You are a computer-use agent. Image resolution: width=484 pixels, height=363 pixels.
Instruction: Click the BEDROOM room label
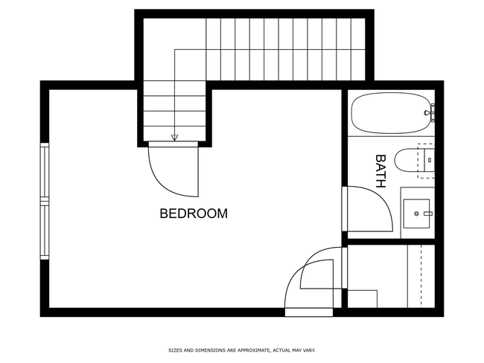click(194, 213)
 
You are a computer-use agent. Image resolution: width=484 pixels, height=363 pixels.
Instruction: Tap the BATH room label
click(380, 171)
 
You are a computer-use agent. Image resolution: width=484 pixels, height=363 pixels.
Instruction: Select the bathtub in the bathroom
click(391, 113)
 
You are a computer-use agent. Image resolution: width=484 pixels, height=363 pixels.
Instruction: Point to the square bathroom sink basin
click(416, 213)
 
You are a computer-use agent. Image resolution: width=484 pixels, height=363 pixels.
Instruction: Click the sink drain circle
click(416, 213)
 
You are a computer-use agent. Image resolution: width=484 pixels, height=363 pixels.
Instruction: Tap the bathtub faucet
click(430, 113)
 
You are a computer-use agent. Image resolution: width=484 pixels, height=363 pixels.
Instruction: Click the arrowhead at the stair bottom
click(175, 138)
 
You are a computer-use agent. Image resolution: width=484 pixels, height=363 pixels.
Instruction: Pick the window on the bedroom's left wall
click(45, 201)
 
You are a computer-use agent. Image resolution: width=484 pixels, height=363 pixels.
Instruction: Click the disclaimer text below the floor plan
click(242, 350)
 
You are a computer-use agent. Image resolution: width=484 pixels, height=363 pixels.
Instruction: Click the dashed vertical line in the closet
click(421, 276)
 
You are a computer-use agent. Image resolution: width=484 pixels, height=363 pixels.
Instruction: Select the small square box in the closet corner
click(363, 299)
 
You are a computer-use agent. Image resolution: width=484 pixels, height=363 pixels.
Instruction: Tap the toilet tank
click(430, 161)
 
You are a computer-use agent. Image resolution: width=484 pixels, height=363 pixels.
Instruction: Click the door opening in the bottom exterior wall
click(309, 312)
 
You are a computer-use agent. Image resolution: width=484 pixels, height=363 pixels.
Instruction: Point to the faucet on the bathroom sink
click(428, 213)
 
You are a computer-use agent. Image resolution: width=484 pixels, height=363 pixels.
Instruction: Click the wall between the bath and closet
click(391, 242)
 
